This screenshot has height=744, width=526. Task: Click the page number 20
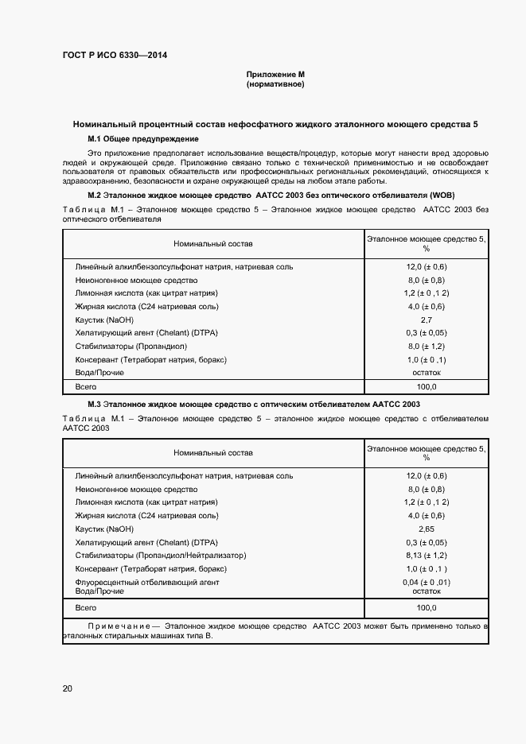click(x=68, y=688)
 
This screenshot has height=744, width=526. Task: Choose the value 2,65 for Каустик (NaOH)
click(x=427, y=528)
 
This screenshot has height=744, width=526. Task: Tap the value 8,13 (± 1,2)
click(x=427, y=555)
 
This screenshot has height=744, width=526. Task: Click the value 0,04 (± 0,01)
click(x=427, y=583)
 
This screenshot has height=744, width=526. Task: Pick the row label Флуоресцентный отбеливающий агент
click(x=146, y=583)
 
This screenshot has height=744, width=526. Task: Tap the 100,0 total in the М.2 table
click(x=427, y=386)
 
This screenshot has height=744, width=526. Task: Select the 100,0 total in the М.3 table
click(x=427, y=607)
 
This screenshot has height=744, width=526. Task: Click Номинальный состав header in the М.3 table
click(x=213, y=452)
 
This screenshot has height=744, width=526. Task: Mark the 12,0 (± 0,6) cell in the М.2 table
click(x=427, y=266)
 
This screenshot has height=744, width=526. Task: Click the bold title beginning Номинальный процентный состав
click(x=275, y=125)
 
